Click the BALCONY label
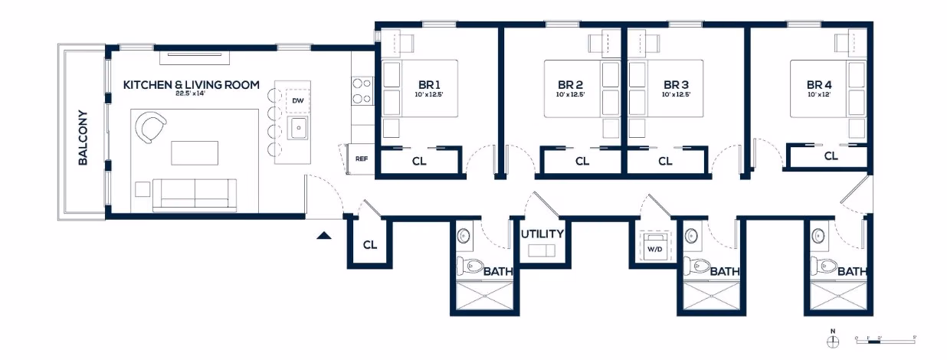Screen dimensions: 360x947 coord(83,139)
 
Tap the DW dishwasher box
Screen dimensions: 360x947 coord(297,101)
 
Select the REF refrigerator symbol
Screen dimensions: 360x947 coord(361,159)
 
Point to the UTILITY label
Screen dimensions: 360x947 coord(542,234)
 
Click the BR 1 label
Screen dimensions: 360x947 coord(428,84)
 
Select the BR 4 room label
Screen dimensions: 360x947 coord(819,84)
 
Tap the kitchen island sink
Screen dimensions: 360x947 coord(297,127)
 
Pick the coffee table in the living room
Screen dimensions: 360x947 coord(188,152)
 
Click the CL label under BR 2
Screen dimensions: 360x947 coord(582,162)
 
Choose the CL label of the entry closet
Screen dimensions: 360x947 coord(370,245)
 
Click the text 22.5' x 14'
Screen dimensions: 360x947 coord(191,94)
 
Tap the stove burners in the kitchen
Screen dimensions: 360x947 coord(361,90)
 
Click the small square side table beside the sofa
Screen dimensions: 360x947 coord(143,188)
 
